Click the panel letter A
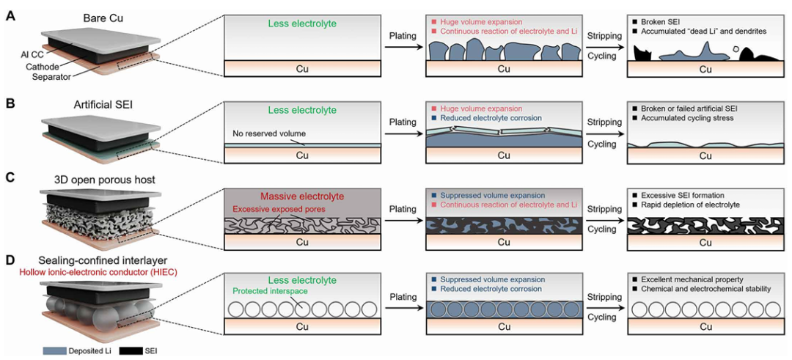click(10, 16)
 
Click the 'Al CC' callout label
click(32, 54)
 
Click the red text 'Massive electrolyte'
click(302, 196)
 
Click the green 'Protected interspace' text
click(270, 291)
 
